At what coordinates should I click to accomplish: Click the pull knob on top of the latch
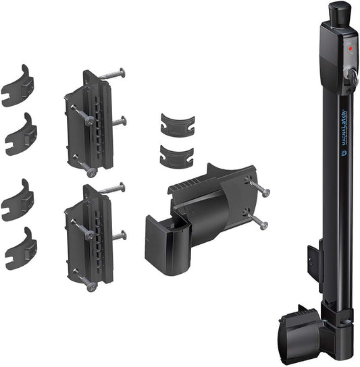pyautogui.click(x=337, y=12)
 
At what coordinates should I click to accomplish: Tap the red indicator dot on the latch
pyautogui.click(x=350, y=50)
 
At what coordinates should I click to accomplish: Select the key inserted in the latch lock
pyautogui.click(x=352, y=80)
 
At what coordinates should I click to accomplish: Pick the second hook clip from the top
pyautogui.click(x=21, y=134)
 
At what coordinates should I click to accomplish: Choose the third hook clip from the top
pyautogui.click(x=18, y=200)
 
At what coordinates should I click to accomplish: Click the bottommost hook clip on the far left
pyautogui.click(x=21, y=248)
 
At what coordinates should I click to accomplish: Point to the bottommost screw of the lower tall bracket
pyautogui.click(x=91, y=286)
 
